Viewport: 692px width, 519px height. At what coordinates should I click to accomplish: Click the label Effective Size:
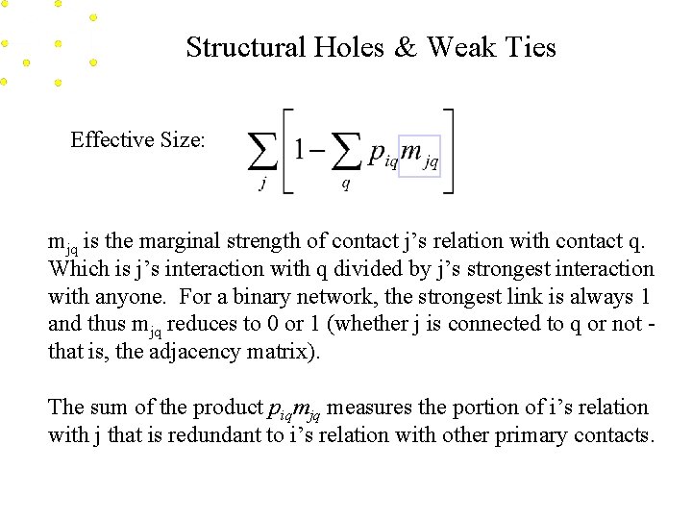(137, 140)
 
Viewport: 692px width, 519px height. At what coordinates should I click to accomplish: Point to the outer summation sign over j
(261, 151)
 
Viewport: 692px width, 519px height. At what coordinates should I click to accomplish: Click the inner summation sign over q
(346, 151)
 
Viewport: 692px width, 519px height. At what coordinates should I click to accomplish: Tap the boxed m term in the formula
(419, 155)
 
